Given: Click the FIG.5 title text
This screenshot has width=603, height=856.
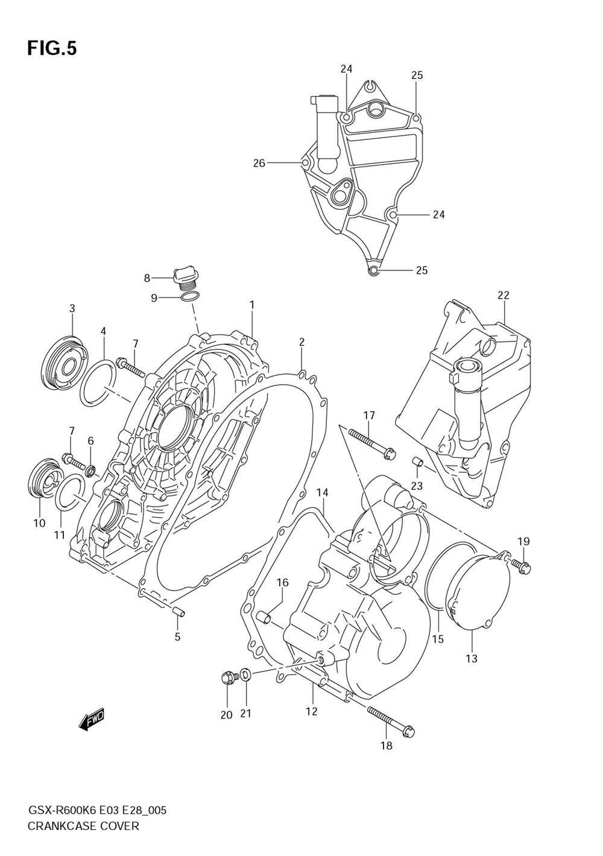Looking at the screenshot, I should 52,48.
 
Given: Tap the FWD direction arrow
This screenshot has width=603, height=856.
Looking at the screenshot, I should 92,718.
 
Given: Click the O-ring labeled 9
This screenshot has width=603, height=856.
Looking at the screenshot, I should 189,297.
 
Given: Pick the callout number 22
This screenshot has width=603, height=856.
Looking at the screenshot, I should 503,295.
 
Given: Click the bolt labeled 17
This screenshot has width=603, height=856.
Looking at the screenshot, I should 371,443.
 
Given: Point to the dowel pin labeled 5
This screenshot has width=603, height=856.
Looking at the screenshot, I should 178,613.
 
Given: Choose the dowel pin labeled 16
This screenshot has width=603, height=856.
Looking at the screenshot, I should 264,617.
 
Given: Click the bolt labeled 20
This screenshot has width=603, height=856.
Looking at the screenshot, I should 228,678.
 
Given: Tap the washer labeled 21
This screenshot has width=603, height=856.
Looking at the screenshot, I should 246,674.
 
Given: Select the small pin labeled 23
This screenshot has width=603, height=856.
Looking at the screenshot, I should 415,463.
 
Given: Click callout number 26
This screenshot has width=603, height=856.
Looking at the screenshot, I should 259,163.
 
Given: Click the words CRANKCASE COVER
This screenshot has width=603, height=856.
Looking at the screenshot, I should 83,826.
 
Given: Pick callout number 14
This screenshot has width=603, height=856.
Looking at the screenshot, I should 323,493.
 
